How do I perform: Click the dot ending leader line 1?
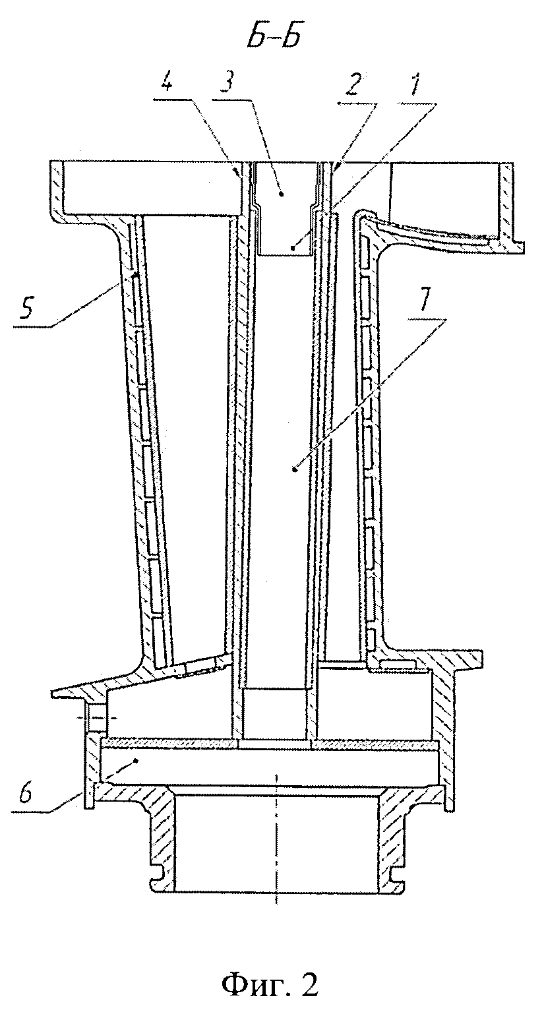point(293,248)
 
